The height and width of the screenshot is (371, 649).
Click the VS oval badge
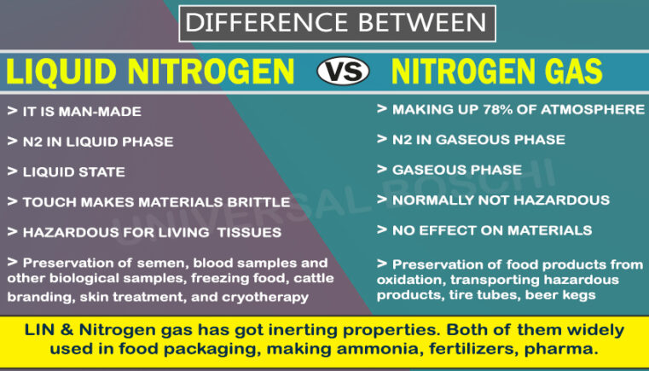[343, 71]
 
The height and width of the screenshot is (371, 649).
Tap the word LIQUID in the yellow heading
[61, 72]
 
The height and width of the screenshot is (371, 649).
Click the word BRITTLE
[258, 202]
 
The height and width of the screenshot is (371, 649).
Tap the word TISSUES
[250, 232]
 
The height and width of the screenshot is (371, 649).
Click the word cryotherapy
[265, 297]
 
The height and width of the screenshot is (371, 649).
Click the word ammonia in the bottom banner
[381, 349]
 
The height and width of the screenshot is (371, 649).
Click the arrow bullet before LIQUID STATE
[12, 171]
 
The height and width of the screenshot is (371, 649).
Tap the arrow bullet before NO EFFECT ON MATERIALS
[381, 229]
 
